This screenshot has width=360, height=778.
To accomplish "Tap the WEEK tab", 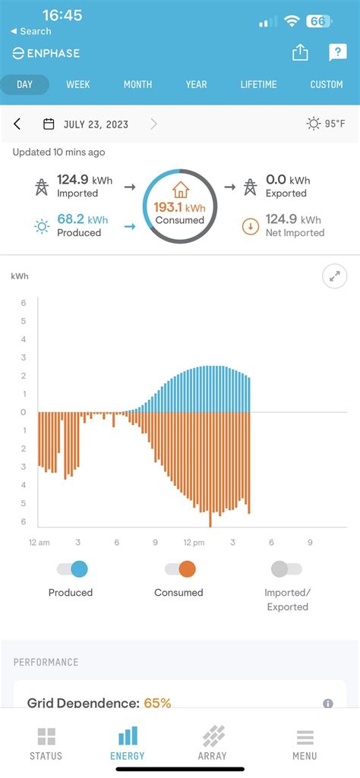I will [x=77, y=84].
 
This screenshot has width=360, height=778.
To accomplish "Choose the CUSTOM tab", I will [x=327, y=84].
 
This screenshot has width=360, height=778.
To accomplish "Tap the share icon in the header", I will [x=300, y=52].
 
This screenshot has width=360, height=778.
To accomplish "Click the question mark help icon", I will [x=337, y=52].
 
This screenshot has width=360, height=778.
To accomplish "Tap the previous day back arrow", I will [x=17, y=124].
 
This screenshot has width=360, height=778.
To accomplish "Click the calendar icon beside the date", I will [x=49, y=124].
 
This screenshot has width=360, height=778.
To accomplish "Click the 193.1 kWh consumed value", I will [x=180, y=207].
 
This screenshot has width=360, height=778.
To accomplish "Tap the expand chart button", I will [x=335, y=276].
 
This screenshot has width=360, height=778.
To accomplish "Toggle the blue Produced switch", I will [x=72, y=569].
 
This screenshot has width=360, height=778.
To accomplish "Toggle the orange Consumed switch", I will [x=180, y=569].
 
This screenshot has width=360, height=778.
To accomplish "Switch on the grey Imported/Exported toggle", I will [x=286, y=569].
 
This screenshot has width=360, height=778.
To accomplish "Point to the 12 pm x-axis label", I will [x=194, y=543].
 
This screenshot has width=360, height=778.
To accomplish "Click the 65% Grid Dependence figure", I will [x=157, y=703].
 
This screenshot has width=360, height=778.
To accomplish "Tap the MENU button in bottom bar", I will [x=305, y=743].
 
